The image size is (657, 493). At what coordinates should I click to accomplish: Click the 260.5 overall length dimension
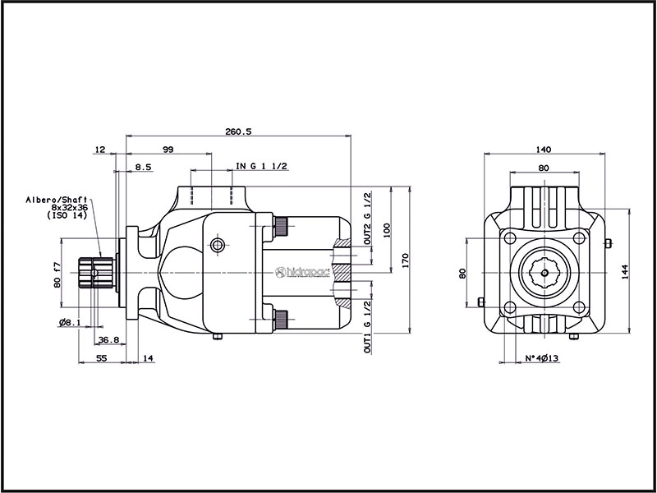(237, 131)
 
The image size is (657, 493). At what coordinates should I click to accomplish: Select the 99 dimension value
(168, 150)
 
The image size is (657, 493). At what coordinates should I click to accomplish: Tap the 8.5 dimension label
(143, 167)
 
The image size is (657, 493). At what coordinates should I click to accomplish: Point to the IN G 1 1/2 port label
(262, 167)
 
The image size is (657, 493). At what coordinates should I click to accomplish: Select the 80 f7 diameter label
(57, 274)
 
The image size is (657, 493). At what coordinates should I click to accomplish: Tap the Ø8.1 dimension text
(69, 323)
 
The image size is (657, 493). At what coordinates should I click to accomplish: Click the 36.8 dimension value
(108, 340)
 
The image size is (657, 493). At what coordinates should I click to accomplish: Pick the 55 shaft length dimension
(102, 359)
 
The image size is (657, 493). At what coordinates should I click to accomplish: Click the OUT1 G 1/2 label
(368, 326)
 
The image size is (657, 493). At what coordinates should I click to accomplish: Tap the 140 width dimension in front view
(543, 150)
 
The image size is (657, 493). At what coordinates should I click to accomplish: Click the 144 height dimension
(625, 272)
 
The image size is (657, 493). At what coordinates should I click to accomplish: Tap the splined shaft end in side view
(95, 272)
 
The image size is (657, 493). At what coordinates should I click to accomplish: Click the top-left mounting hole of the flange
(510, 238)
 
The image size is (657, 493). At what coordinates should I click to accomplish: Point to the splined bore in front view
(543, 272)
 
